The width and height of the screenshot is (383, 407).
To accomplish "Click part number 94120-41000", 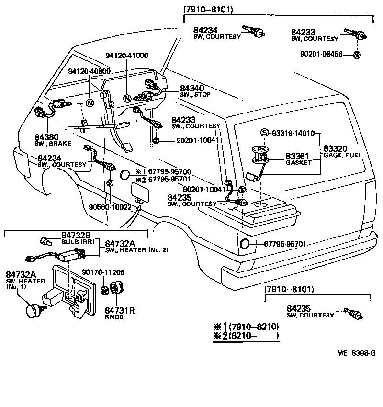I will [x=128, y=55].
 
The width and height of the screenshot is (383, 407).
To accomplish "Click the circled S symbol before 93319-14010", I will [x=263, y=133].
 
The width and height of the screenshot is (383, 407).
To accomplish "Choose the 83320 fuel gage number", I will [x=336, y=148].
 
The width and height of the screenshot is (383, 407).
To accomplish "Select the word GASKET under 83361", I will [x=299, y=162].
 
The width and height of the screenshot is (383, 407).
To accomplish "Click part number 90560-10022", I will [x=111, y=207].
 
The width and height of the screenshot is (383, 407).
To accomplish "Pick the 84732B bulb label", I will [x=76, y=235].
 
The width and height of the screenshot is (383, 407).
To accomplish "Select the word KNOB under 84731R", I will [x=114, y=317].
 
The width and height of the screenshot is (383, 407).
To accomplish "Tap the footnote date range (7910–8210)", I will [x=254, y=327].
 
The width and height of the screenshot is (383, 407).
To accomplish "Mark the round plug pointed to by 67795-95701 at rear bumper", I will [x=244, y=244].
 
